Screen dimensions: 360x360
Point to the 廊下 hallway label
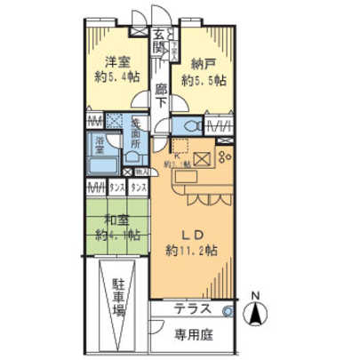coord(161,94)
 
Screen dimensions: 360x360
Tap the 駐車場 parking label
coord(118,304)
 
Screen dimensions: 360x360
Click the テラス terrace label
coord(191,309)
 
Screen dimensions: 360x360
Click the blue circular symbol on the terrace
coord(227,311)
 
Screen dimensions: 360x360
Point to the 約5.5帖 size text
coord(204,80)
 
